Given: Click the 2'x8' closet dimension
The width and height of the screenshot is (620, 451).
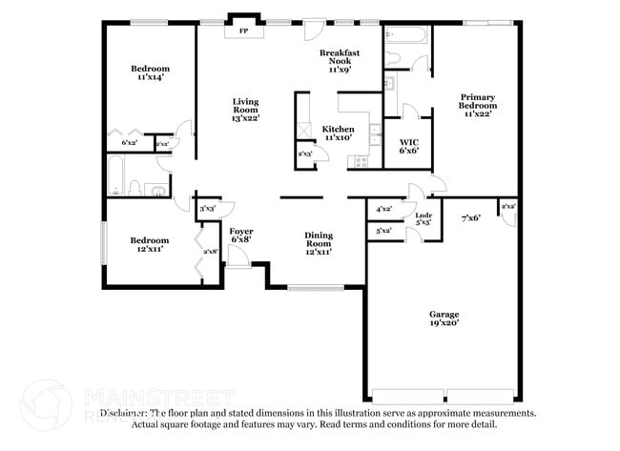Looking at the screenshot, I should [211, 251].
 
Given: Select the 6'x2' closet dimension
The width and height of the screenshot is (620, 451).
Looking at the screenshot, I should [129, 142].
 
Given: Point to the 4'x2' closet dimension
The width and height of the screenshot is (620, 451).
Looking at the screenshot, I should [384, 208].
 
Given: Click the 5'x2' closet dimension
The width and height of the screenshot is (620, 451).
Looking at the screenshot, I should [384, 230].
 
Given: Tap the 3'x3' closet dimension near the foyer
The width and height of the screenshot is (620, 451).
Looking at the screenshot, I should [207, 207].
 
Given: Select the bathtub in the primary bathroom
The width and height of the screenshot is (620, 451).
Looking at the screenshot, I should [407, 36].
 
